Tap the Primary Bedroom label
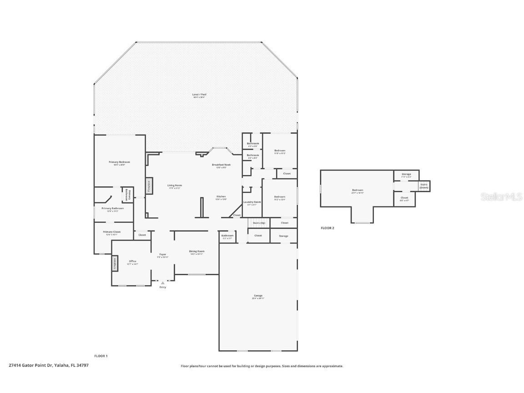pyautogui.click(x=119, y=163)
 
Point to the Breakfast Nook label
pyautogui.click(x=221, y=165)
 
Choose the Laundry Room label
pyautogui.click(x=252, y=202)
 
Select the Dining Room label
pyautogui.click(x=197, y=252)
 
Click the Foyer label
pyautogui.click(x=162, y=255)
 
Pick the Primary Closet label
pyautogui.click(x=111, y=232)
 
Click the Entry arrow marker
pyautogui.click(x=162, y=283)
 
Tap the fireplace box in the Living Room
pyautogui.click(x=148, y=186)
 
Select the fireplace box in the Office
pyautogui.click(x=115, y=264)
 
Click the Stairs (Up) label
pyautogui.click(x=259, y=223)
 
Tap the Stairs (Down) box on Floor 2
pyautogui.click(x=424, y=186)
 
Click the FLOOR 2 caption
pyautogui.click(x=327, y=228)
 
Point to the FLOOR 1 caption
pyautogui.click(x=101, y=356)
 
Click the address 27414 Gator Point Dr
pyautogui.click(x=48, y=365)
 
